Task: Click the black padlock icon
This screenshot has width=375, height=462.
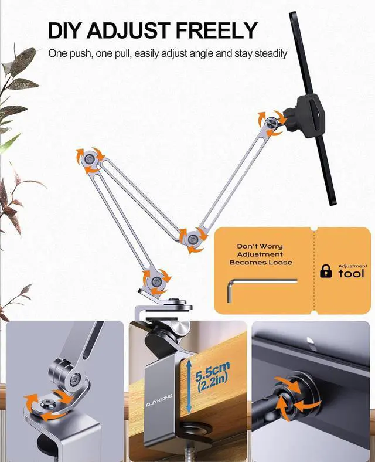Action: pos(325,270)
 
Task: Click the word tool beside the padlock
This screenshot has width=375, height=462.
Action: pos(351,274)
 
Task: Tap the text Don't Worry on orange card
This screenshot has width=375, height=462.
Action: pos(260,246)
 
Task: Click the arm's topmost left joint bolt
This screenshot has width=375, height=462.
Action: pos(88,158)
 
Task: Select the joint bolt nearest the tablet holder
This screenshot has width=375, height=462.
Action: pos(269,123)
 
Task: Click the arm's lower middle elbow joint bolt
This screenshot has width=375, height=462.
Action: pos(192,239)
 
